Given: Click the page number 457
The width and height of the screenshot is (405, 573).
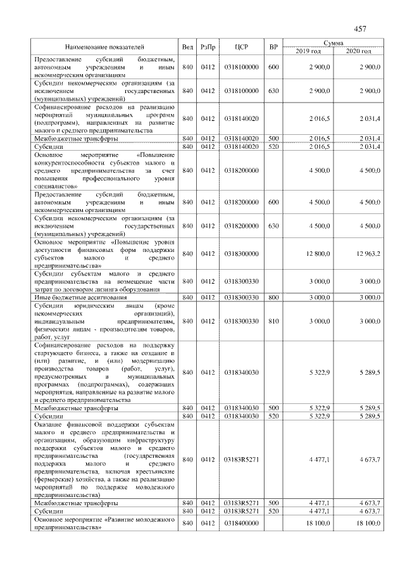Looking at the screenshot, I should [361, 28].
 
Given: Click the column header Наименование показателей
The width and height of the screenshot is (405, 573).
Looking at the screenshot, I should [104, 47].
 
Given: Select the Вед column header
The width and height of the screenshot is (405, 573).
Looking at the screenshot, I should [187, 47].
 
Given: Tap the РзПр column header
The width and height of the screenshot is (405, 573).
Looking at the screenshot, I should [208, 47].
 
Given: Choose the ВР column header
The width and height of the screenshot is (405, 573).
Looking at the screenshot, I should [273, 47].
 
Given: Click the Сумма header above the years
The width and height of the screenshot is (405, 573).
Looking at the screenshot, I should [333, 43].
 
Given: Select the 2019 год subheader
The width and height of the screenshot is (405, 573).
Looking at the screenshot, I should [308, 51].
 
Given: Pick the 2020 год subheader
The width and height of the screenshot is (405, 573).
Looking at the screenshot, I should [358, 51].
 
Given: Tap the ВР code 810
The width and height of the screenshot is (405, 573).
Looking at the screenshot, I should [273, 321].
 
